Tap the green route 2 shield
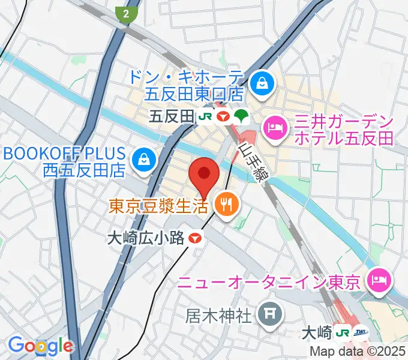[127, 14]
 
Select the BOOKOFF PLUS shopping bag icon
[145, 160]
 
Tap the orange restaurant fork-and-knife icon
[226, 206]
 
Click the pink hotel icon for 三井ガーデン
[275, 128]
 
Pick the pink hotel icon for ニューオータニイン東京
[380, 279]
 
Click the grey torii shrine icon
[266, 313]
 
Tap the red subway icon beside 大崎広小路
[194, 238]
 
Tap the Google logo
[40, 346]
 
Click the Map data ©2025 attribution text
[358, 352]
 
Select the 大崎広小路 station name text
[146, 238]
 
